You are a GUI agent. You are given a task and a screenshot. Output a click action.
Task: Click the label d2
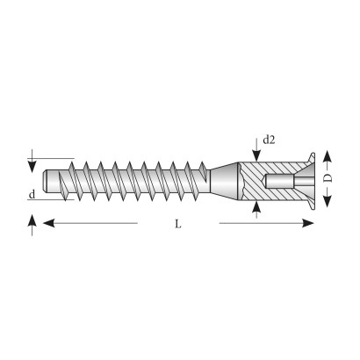269,140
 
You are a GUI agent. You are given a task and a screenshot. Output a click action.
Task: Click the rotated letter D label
328,178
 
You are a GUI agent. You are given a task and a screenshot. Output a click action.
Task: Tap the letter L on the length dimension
178,224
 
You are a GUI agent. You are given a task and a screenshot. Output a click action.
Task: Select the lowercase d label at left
32,194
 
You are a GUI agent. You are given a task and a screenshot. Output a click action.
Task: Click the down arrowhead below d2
256,155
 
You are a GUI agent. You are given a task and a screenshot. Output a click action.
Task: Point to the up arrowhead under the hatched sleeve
256,206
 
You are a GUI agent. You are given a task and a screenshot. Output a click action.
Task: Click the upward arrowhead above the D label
328,156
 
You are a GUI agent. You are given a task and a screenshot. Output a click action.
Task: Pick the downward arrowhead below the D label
328,201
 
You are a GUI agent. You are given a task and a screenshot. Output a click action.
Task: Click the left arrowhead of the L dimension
49,223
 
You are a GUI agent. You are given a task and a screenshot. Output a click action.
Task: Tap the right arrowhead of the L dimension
308,223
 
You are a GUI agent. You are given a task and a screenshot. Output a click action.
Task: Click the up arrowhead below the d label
32,220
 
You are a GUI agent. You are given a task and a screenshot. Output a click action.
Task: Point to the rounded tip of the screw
45,181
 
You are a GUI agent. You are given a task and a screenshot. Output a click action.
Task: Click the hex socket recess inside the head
280,182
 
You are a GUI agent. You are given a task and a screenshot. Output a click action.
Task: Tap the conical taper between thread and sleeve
224,181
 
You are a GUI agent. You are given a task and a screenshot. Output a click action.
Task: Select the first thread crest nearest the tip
71,164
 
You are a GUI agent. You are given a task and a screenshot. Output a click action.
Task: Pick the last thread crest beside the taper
203,166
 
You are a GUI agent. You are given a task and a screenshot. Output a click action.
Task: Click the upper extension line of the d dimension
51,158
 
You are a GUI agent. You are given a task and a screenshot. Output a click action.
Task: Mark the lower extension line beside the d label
51,200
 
